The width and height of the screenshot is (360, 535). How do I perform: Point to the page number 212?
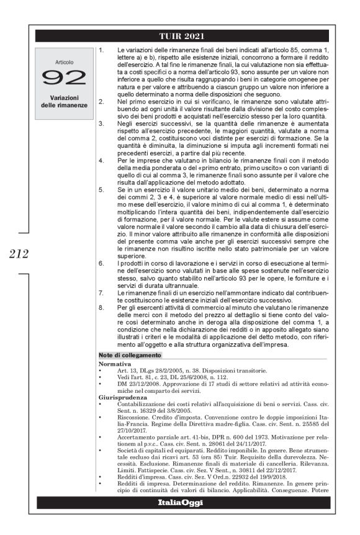point(17,253)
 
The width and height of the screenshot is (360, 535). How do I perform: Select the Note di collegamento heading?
point(130,355)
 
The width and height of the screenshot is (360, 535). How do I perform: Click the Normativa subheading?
point(114,362)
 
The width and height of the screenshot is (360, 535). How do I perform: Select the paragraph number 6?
point(101,263)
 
